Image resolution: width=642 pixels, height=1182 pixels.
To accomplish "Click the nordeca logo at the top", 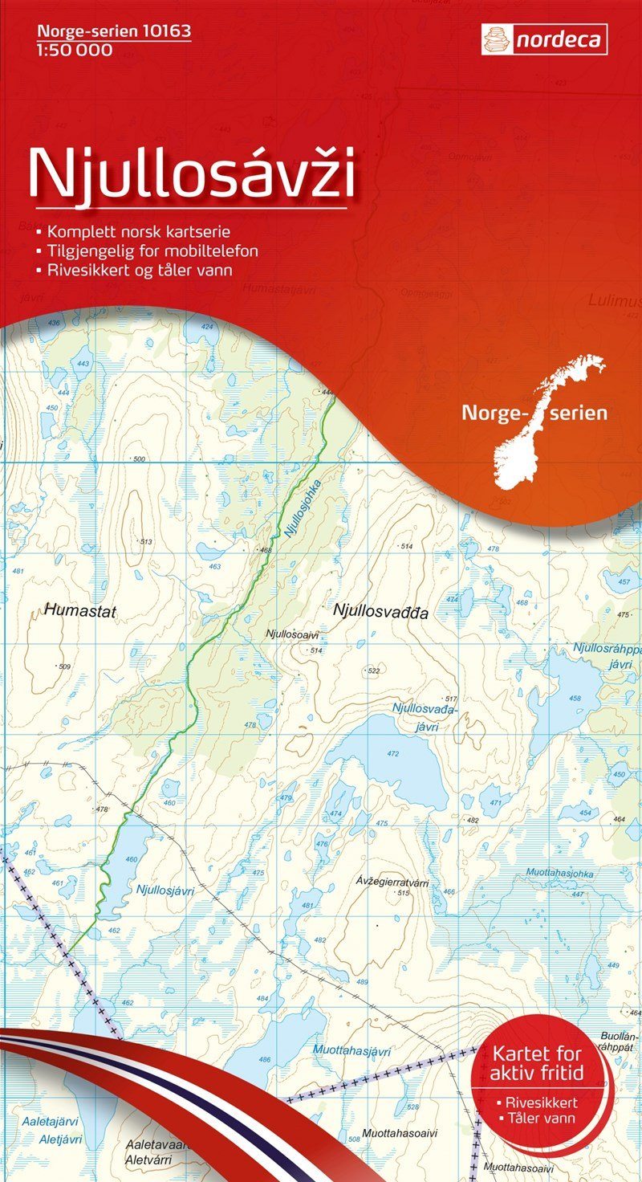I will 544,39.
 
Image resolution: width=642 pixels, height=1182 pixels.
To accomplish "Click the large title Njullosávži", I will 191,173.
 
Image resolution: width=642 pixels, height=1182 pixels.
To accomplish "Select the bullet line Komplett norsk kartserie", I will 139,232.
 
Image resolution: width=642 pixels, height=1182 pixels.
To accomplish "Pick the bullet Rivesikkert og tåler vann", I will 139,271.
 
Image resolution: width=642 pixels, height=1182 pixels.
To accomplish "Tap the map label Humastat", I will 81,612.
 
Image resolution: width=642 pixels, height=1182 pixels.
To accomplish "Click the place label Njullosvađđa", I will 380,612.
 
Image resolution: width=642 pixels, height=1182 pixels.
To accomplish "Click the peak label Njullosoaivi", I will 294,634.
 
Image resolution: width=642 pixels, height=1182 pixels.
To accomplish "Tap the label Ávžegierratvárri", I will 392,882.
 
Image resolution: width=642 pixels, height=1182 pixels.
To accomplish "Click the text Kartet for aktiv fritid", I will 538,1062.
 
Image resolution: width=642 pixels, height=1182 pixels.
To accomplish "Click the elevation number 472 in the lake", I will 392,754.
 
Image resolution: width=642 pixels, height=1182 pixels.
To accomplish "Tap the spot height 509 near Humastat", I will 63,666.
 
